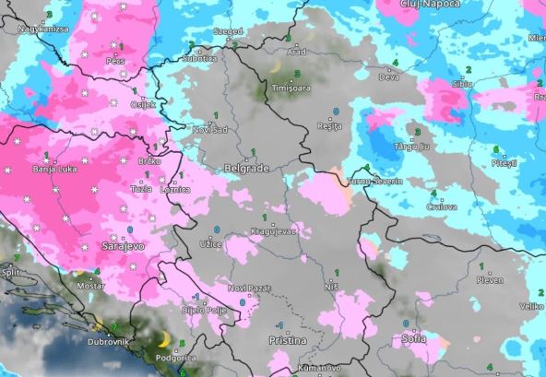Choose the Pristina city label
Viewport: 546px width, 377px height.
(287, 341)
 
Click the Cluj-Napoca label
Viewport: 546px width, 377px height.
(422, 6)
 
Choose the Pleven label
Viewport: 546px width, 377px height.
(489, 278)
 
